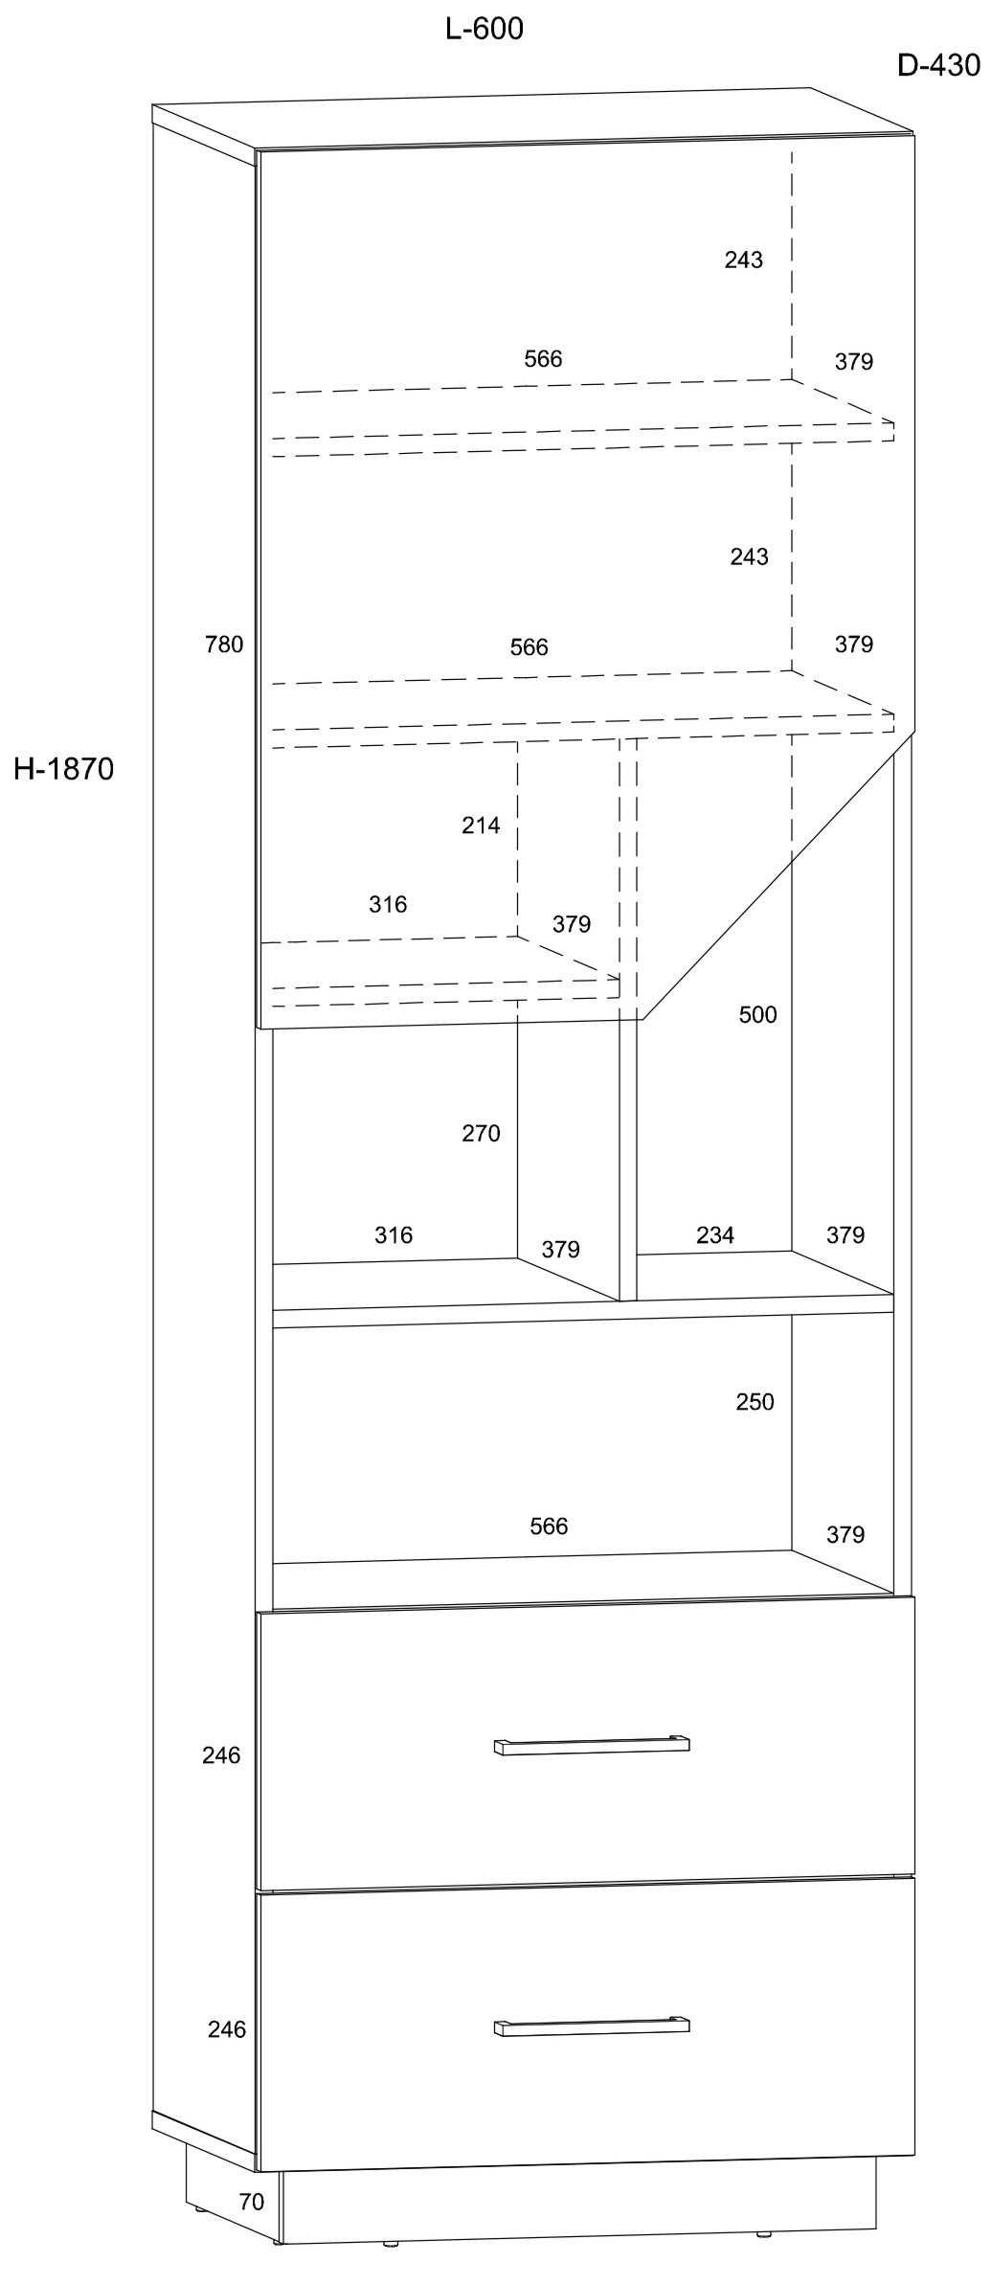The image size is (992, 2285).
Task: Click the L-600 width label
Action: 485,30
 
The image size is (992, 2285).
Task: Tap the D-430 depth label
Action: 938,65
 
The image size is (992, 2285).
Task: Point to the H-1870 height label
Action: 64,769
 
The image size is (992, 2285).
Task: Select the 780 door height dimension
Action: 224,645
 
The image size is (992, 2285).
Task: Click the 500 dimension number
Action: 757,1014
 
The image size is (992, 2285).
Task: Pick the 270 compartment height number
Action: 481,1133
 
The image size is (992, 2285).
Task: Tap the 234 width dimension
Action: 715,1234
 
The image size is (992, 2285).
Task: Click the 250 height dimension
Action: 755,1401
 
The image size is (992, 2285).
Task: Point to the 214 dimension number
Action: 481,825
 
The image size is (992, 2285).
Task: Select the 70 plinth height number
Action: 251,2202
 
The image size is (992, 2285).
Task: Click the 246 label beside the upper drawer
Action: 221,1755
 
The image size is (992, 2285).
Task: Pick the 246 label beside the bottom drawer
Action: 227,2029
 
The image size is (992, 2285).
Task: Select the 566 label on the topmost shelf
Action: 543,359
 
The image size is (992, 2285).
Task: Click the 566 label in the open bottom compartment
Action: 549,1526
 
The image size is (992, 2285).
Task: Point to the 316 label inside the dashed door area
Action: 388,904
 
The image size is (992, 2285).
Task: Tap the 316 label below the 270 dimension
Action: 394,1235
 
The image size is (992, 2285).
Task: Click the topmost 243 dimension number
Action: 743,260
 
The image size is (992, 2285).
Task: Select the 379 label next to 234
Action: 845,1235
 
